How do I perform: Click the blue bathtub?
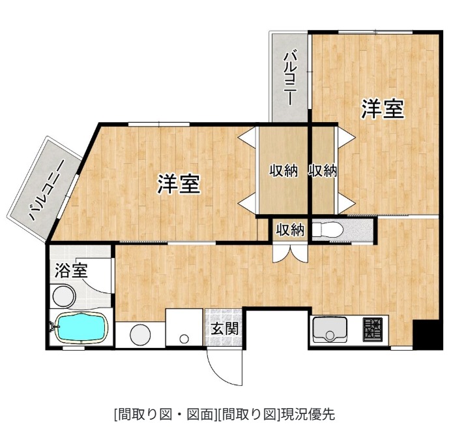coord(80,326)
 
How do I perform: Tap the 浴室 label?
coord(66,270)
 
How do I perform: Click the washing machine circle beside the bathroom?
coord(140,334)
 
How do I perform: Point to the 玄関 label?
coord(224,328)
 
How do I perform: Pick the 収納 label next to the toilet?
coord(290,230)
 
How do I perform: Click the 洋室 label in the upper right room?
coord(383,109)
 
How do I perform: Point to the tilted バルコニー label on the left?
coord(46,189)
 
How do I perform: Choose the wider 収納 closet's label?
coord(284,171)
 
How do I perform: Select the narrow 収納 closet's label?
coord(323,171)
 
